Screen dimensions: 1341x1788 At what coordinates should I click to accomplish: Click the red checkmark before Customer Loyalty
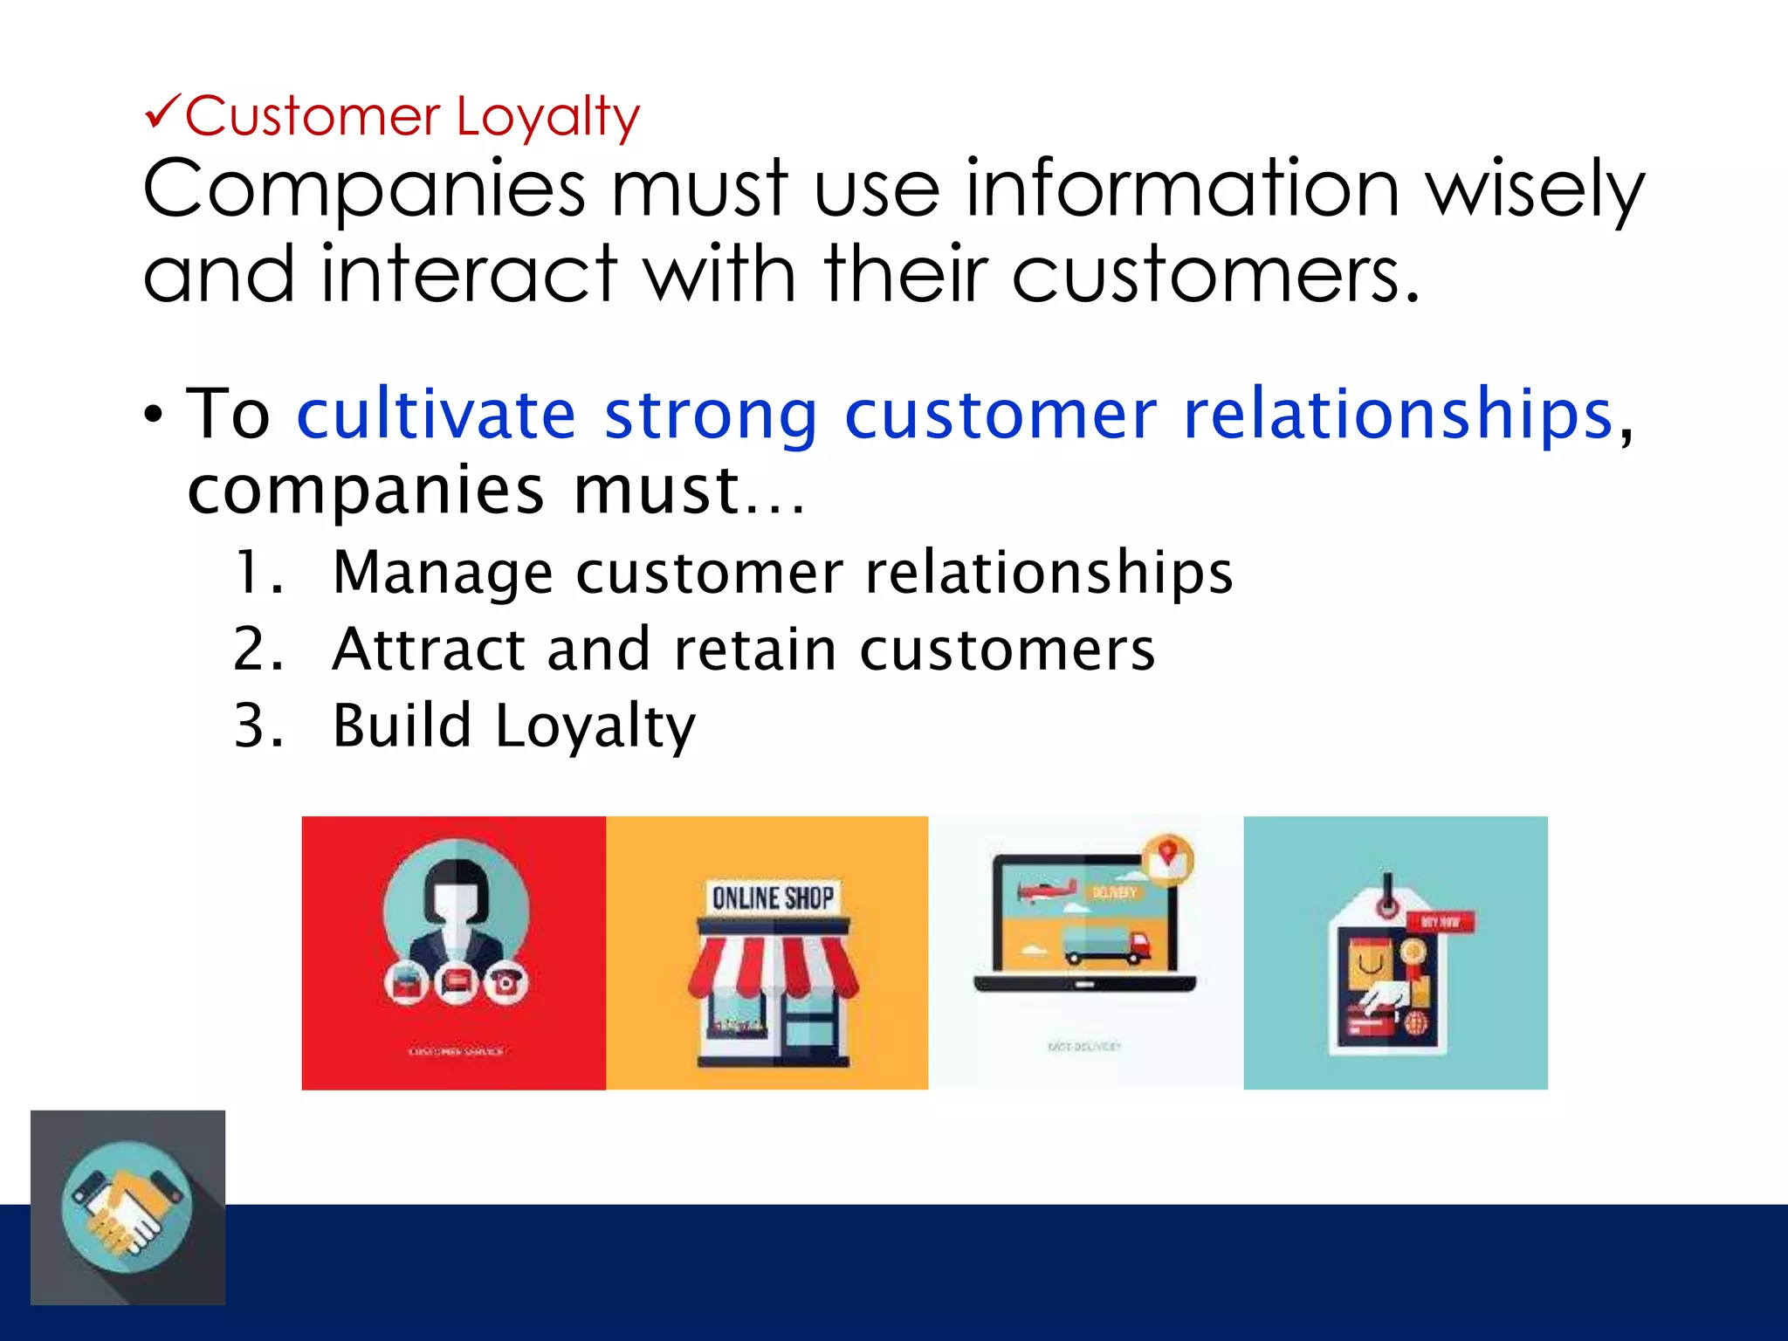tap(162, 113)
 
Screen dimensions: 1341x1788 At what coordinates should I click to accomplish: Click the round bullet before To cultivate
tap(154, 416)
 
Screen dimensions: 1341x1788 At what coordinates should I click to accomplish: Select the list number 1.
tap(258, 574)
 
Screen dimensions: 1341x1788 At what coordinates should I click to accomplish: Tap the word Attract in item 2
tap(429, 650)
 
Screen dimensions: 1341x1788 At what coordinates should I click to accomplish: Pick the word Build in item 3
tap(402, 726)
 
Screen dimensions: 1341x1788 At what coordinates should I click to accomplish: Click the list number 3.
tap(258, 726)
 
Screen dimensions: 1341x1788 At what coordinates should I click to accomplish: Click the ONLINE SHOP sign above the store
tap(772, 897)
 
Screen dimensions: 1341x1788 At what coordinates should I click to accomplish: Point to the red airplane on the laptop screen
tap(1044, 892)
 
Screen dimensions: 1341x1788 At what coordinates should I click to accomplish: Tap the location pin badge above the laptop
tap(1168, 857)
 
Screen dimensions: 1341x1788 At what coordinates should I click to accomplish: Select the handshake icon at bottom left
tap(127, 1207)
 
